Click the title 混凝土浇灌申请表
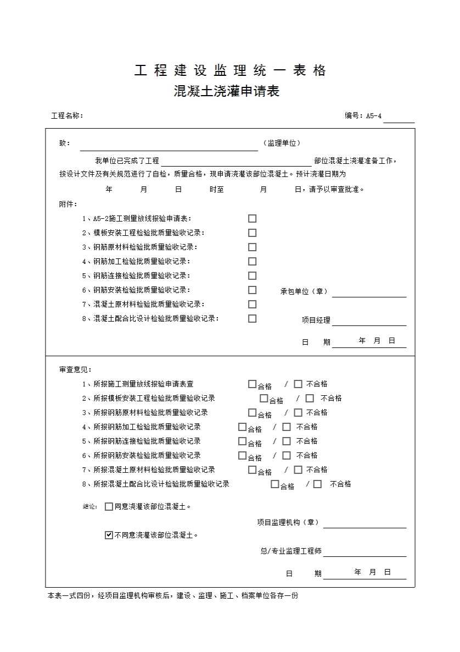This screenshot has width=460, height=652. click(226, 91)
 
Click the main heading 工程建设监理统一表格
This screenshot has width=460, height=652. click(230, 70)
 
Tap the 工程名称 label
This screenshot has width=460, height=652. click(66, 116)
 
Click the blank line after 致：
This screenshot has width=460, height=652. click(169, 146)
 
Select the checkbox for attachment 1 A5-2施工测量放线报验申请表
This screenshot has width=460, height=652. click(252, 218)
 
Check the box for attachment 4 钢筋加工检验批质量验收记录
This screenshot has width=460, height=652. click(252, 261)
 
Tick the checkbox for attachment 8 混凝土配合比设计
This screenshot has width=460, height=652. click(252, 318)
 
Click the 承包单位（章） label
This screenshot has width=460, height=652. click(304, 291)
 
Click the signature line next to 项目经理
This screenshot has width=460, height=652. click(369, 321)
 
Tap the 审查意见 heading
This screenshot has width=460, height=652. click(76, 370)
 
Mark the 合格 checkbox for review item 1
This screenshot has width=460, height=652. click(252, 384)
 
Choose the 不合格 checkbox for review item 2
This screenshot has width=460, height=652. click(310, 399)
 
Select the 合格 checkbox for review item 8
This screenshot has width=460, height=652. click(275, 484)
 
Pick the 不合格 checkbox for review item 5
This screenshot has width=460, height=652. click(287, 441)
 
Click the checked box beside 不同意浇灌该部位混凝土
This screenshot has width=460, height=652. click(109, 534)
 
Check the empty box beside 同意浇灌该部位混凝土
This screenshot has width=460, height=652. click(109, 506)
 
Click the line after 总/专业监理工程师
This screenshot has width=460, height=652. click(364, 552)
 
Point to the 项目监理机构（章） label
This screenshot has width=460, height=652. click(288, 522)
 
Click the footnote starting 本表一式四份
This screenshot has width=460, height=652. click(173, 595)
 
